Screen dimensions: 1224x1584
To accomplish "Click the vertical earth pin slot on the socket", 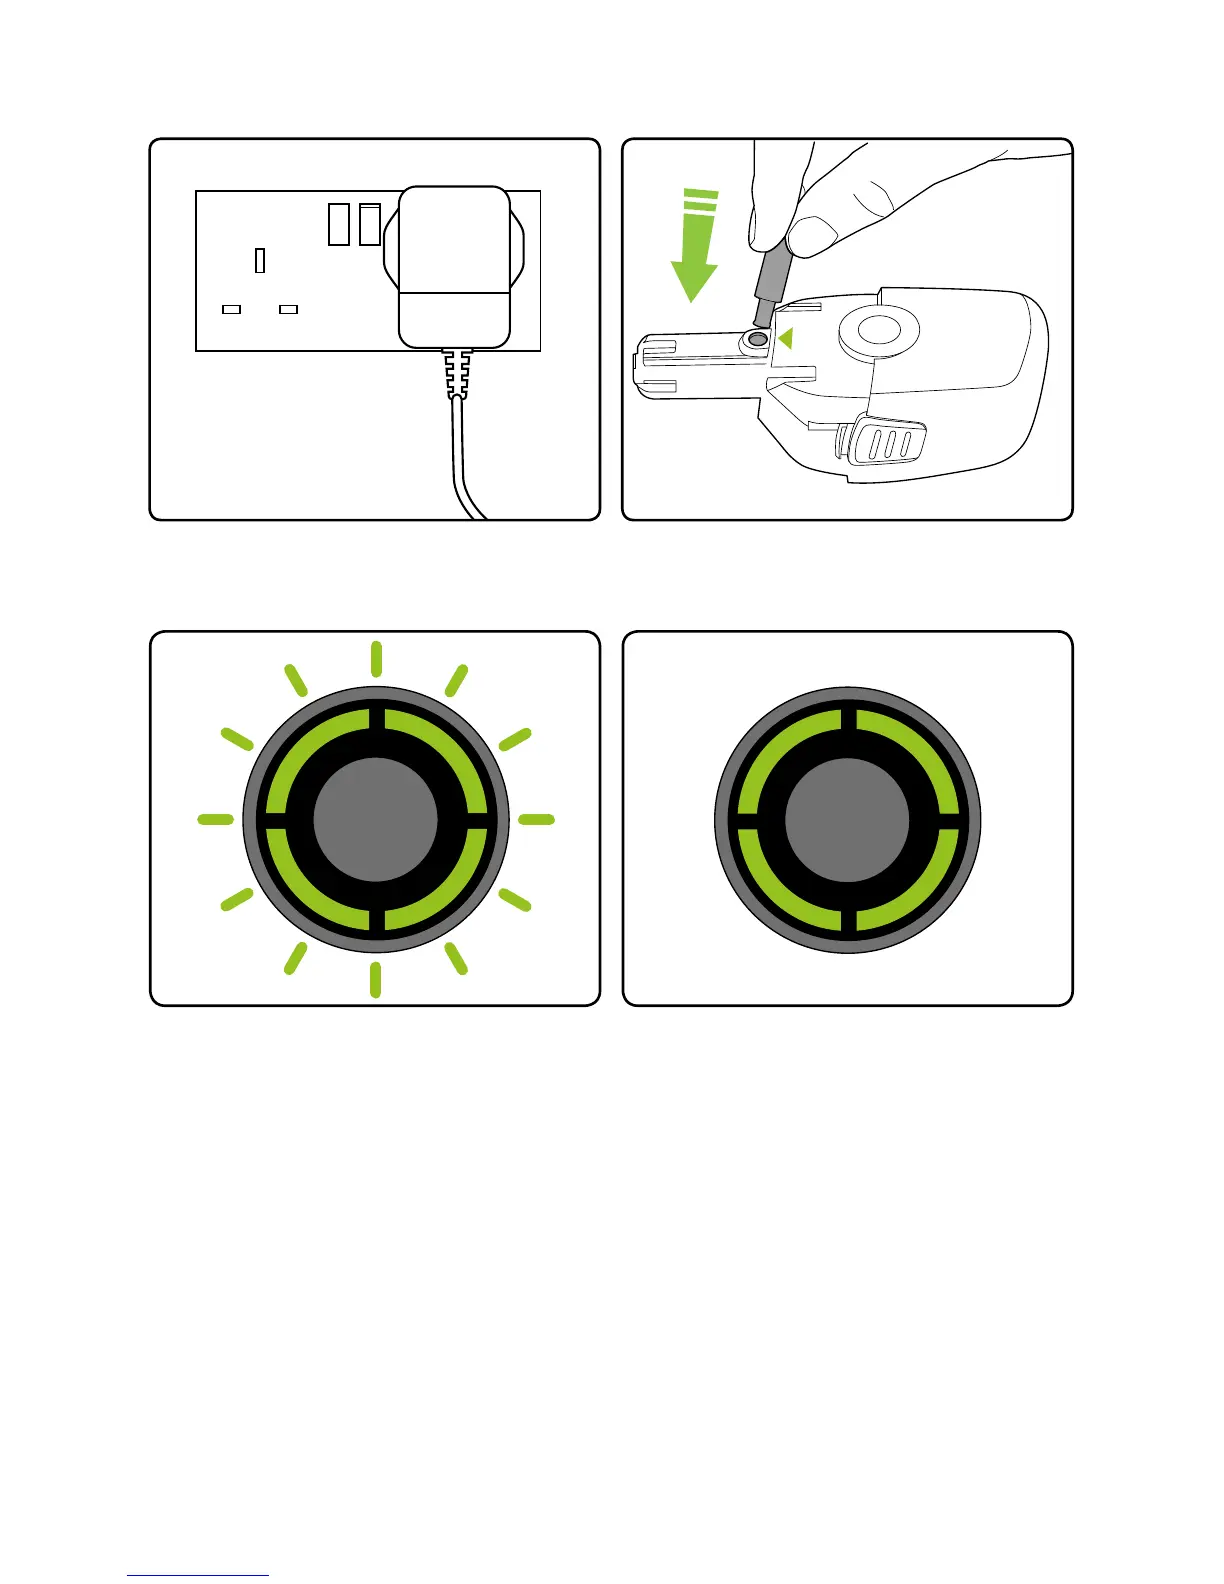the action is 260,260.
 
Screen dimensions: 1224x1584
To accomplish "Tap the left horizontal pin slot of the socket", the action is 231,309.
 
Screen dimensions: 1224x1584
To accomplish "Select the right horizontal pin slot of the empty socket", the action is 289,309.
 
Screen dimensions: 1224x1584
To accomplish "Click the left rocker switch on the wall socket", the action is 339,224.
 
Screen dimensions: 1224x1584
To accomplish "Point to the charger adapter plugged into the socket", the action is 455,265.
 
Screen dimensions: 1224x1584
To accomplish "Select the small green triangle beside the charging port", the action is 785,340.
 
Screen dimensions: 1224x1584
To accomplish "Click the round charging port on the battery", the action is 757,340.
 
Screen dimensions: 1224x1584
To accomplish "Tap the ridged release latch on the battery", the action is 886,441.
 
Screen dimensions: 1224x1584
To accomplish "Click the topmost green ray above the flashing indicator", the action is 376,659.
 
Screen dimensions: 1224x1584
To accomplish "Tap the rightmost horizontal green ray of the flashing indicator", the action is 536,820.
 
